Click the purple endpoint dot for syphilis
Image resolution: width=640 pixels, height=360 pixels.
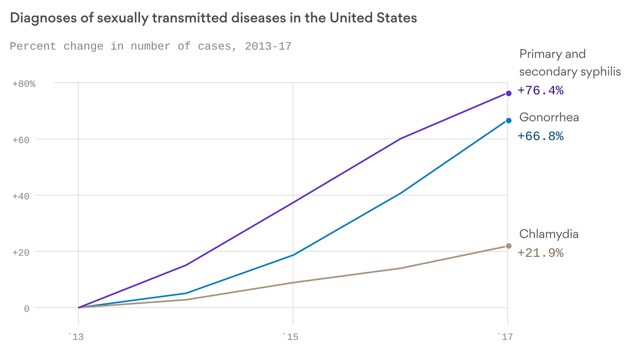pyautogui.click(x=508, y=93)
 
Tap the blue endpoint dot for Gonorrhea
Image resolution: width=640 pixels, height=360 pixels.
pyautogui.click(x=508, y=120)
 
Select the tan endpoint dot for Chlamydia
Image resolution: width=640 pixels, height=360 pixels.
pyautogui.click(x=508, y=246)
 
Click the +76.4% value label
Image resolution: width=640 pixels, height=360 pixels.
pyautogui.click(x=540, y=90)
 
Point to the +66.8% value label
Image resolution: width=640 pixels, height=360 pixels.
pyautogui.click(x=540, y=136)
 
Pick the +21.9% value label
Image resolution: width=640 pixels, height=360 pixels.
pyautogui.click(x=540, y=253)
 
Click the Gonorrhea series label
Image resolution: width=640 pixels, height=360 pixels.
pyautogui.click(x=549, y=117)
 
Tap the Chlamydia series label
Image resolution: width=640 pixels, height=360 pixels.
pyautogui.click(x=549, y=234)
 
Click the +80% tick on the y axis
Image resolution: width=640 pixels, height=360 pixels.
pyautogui.click(x=24, y=84)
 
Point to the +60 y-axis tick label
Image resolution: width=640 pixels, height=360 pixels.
pyautogui.click(x=21, y=140)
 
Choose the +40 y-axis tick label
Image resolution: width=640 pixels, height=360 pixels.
pyautogui.click(x=21, y=196)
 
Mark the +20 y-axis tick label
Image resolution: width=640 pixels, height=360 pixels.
pyautogui.click(x=21, y=252)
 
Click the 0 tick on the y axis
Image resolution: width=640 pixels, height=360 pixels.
pyautogui.click(x=27, y=308)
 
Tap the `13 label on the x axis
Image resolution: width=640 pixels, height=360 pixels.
pyautogui.click(x=76, y=337)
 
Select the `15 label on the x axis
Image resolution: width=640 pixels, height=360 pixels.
pyautogui.click(x=290, y=337)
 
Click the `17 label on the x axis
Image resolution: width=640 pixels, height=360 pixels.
pyautogui.click(x=505, y=337)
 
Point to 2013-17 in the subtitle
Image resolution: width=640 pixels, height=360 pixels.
pyautogui.click(x=268, y=46)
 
